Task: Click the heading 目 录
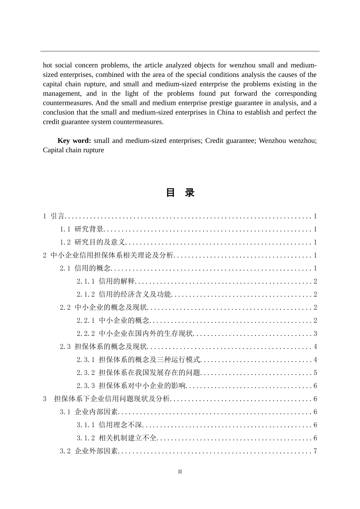coord(180,193)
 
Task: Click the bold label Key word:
coord(74,141)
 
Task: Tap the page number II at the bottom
coord(180,472)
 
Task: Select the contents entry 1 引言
coord(54,216)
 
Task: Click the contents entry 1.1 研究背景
coord(82,229)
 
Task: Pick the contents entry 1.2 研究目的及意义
coord(93,242)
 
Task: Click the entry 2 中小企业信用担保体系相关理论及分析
coord(108,255)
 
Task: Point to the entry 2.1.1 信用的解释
coord(106,281)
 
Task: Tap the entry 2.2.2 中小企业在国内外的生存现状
coord(135,334)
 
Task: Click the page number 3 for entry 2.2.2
coord(315,334)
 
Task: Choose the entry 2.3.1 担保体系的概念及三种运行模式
coord(138,360)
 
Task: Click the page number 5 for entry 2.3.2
coord(315,373)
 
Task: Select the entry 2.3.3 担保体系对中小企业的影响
coord(131,386)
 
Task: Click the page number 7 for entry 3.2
coord(315,451)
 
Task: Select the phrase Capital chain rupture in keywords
coord(74,150)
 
